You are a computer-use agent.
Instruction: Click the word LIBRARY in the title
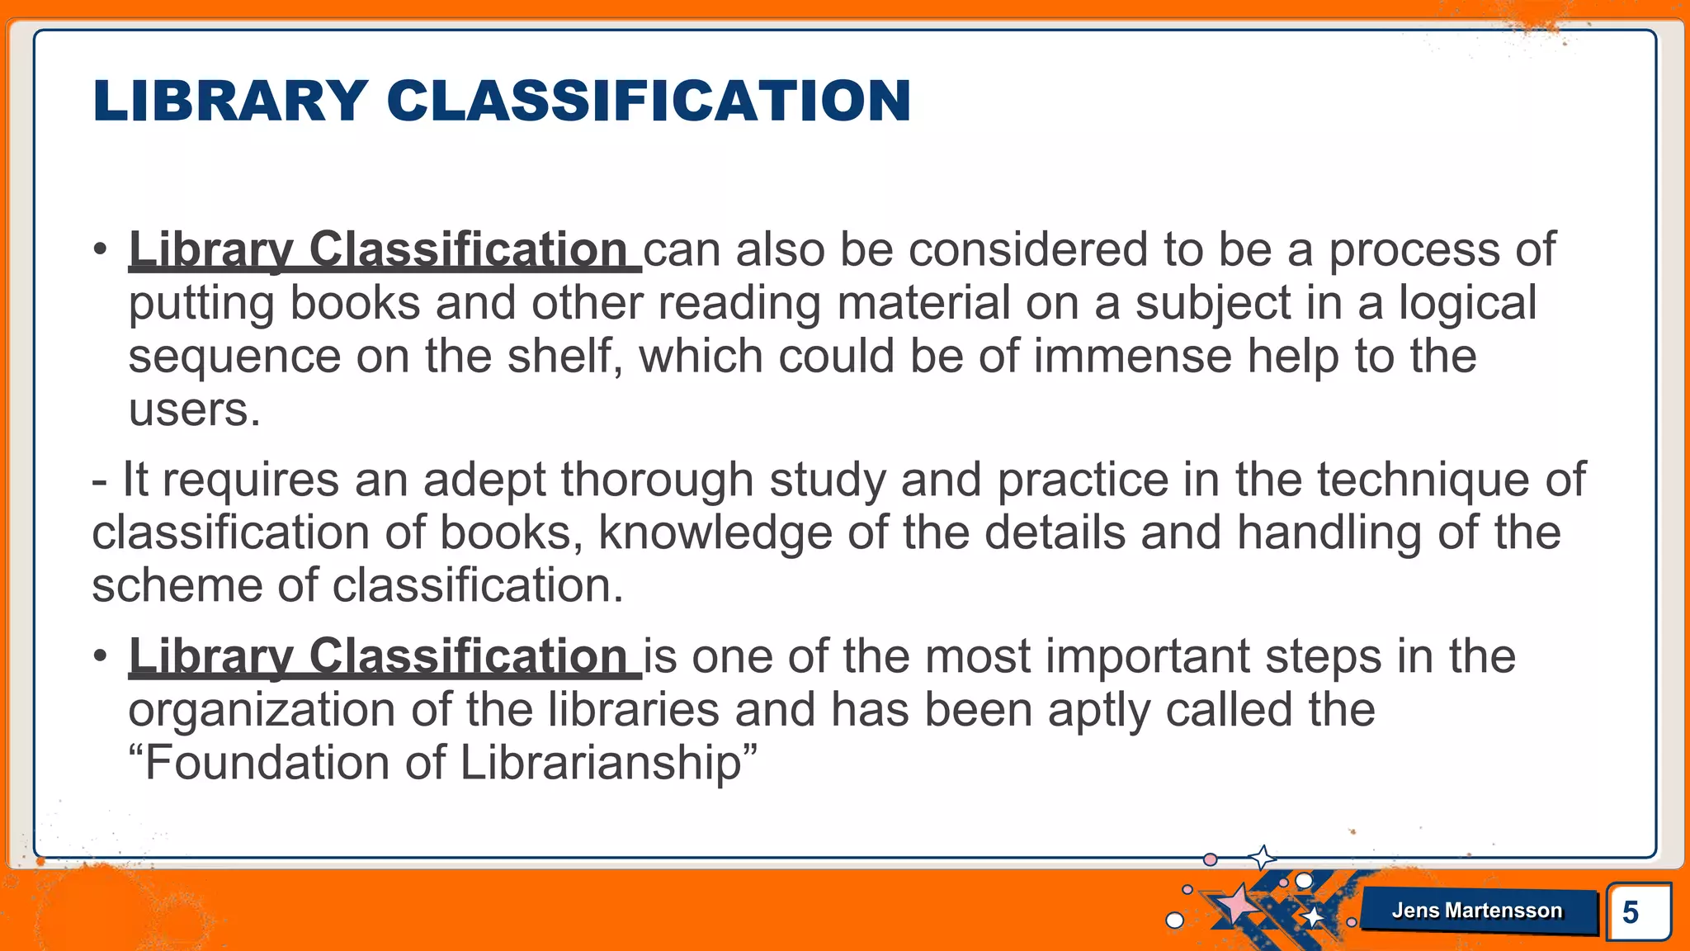[x=230, y=102]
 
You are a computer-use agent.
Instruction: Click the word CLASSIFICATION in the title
[x=649, y=102]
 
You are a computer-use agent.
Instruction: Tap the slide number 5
[x=1630, y=912]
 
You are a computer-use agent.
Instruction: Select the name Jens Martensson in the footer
[x=1476, y=911]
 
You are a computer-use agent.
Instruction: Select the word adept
[x=484, y=480]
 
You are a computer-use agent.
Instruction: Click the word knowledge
[x=715, y=532]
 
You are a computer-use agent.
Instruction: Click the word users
[x=194, y=409]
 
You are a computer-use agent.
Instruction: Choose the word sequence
[x=234, y=357]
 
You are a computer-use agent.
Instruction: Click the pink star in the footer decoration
[x=1237, y=905]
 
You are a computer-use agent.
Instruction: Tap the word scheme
[x=177, y=585]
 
